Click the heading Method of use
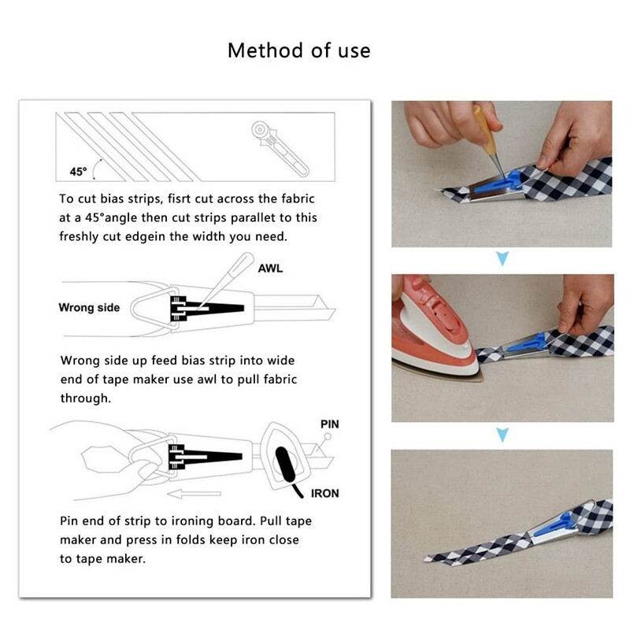(x=299, y=50)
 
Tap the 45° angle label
(x=78, y=172)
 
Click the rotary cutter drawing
(x=280, y=148)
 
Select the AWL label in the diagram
(x=270, y=269)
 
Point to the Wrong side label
(x=89, y=307)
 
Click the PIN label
(x=329, y=424)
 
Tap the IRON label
(x=324, y=494)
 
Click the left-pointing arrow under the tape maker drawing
(x=194, y=494)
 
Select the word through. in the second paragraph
(x=86, y=398)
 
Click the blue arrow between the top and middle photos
(x=502, y=258)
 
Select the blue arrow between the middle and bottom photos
(x=502, y=435)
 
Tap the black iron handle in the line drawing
(x=286, y=465)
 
